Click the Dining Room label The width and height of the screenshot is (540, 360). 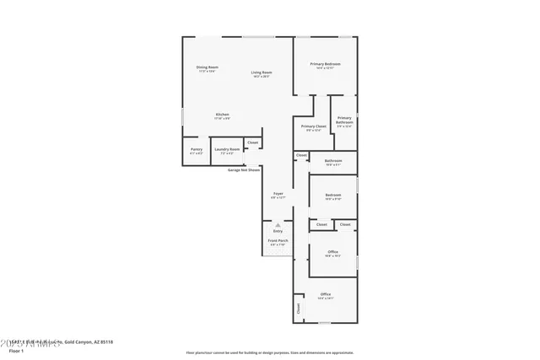pyautogui.click(x=207, y=67)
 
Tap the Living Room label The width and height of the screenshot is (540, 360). pyautogui.click(x=261, y=73)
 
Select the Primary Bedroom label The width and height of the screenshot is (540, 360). pyautogui.click(x=325, y=64)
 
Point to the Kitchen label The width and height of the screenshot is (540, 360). pyautogui.click(x=222, y=115)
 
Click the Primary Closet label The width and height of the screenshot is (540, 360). pyautogui.click(x=313, y=126)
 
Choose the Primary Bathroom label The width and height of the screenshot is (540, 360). pyautogui.click(x=344, y=121)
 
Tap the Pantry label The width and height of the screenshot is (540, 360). pyautogui.click(x=196, y=149)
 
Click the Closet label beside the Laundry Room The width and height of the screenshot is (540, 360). pyautogui.click(x=252, y=142)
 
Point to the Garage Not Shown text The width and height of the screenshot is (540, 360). pyautogui.click(x=243, y=169)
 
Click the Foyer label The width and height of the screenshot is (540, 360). pyautogui.click(x=278, y=194)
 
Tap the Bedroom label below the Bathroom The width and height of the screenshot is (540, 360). pyautogui.click(x=333, y=196)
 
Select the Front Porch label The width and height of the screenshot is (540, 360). pyautogui.click(x=278, y=240)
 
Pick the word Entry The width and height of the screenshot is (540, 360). pyautogui.click(x=278, y=231)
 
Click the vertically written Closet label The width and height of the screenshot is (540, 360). pyautogui.click(x=298, y=309)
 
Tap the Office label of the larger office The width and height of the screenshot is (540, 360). pyautogui.click(x=325, y=294)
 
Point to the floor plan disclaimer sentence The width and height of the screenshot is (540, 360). pyautogui.click(x=270, y=352)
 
